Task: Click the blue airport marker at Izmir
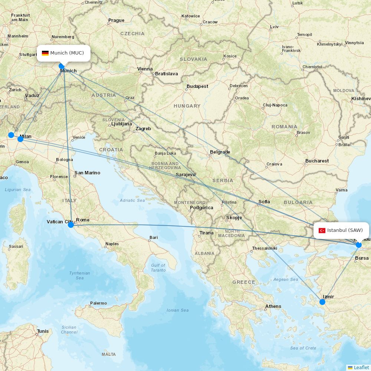point(322,302)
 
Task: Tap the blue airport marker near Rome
point(71,224)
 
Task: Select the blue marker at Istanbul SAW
point(359,245)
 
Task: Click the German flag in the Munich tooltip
point(45,53)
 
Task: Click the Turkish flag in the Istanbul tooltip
point(322,230)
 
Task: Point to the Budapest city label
point(198,86)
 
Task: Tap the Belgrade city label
point(220,152)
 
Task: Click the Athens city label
point(273,306)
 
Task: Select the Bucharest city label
point(317,161)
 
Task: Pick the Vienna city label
point(145,69)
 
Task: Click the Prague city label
point(116,20)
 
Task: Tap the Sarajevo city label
point(185,175)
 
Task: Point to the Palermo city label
point(98,303)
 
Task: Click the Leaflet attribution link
point(361,367)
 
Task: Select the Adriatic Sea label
point(132,200)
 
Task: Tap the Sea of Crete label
point(303,348)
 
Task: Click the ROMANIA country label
point(284,127)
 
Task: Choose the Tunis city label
point(43,331)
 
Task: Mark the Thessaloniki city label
point(265,248)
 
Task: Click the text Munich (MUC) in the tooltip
point(67,53)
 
